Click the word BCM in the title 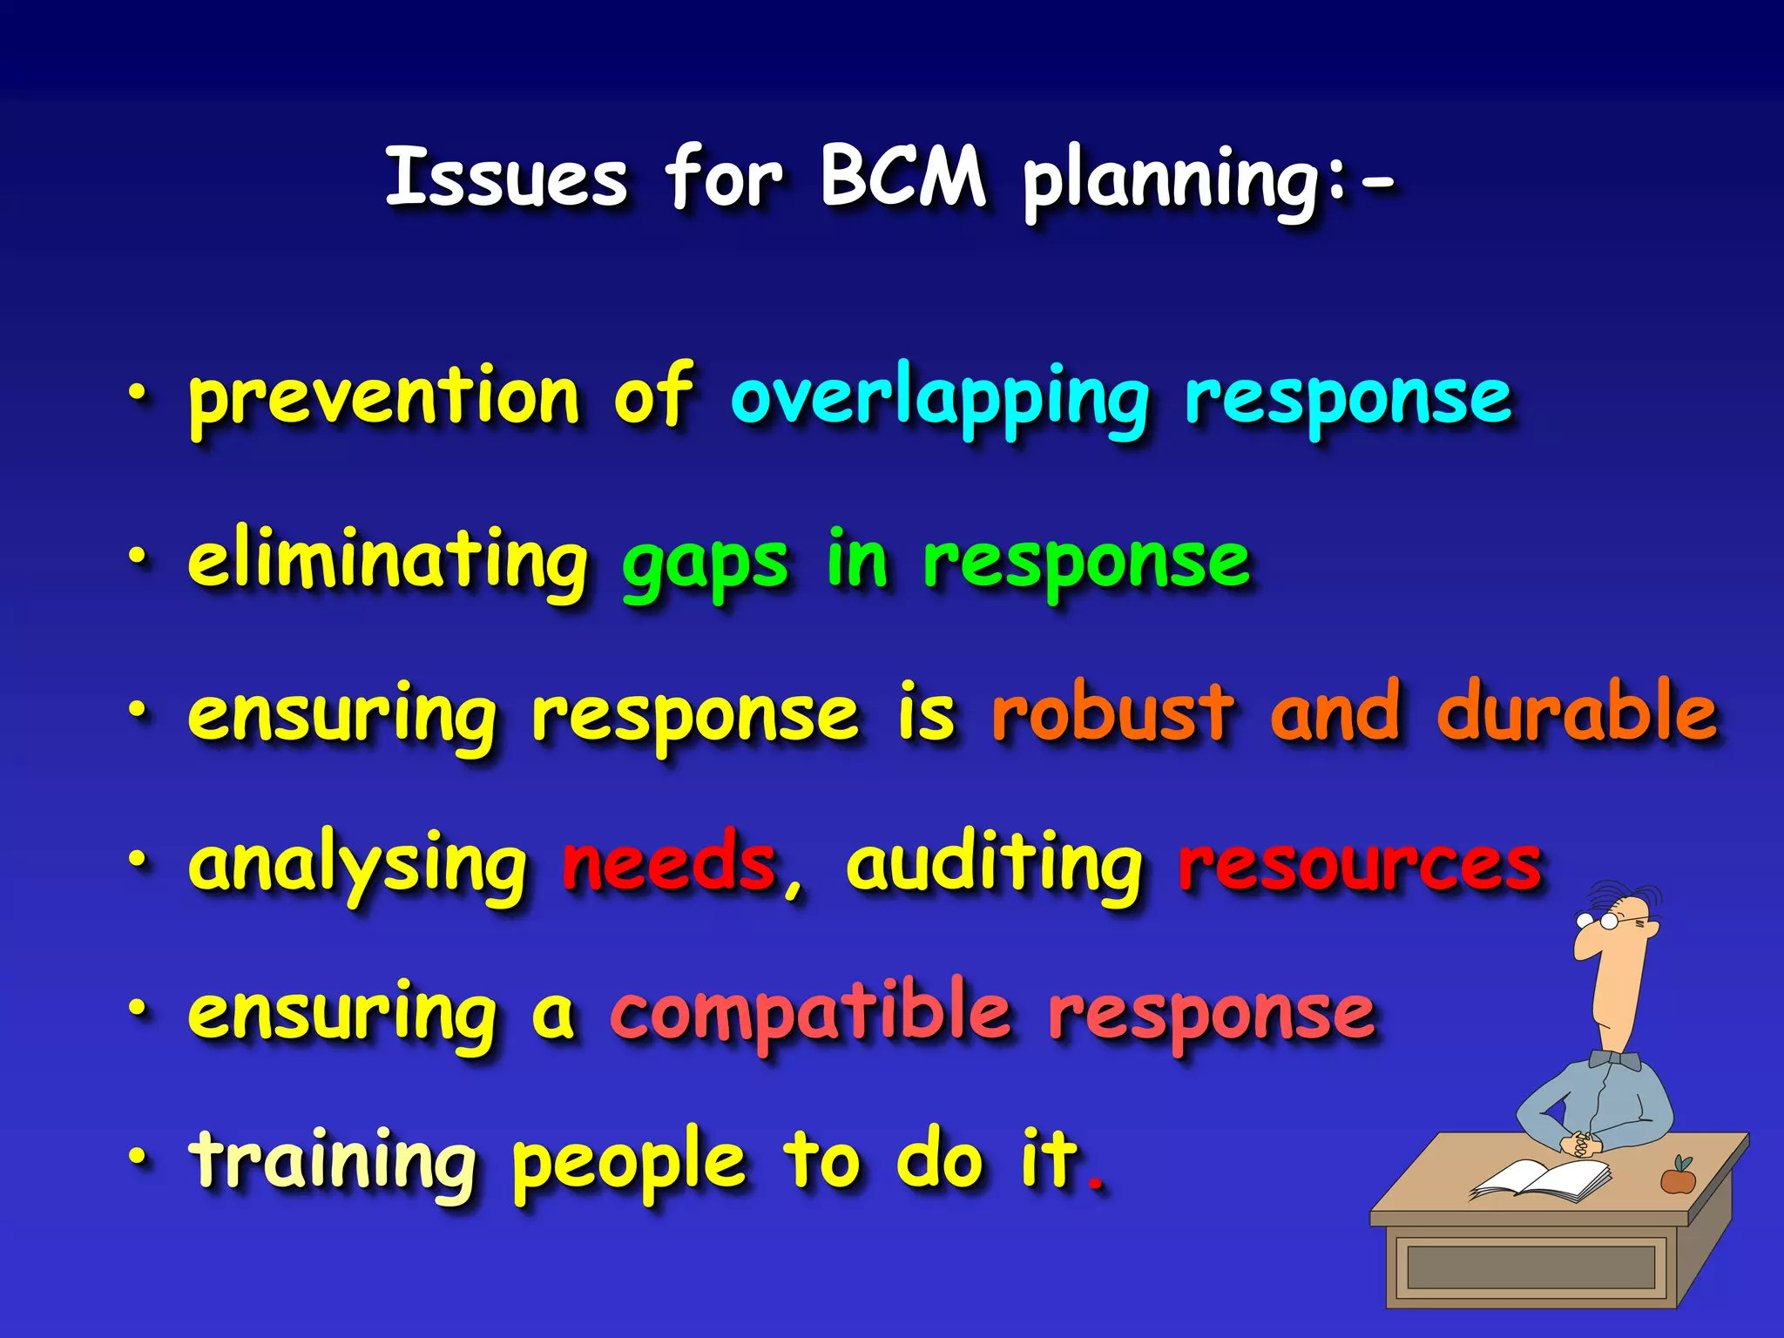click(x=903, y=177)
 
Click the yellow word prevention click(x=384, y=397)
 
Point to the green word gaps click(x=705, y=564)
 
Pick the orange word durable click(x=1578, y=711)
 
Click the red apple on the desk click(x=1678, y=1179)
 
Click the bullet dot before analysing click(x=138, y=859)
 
